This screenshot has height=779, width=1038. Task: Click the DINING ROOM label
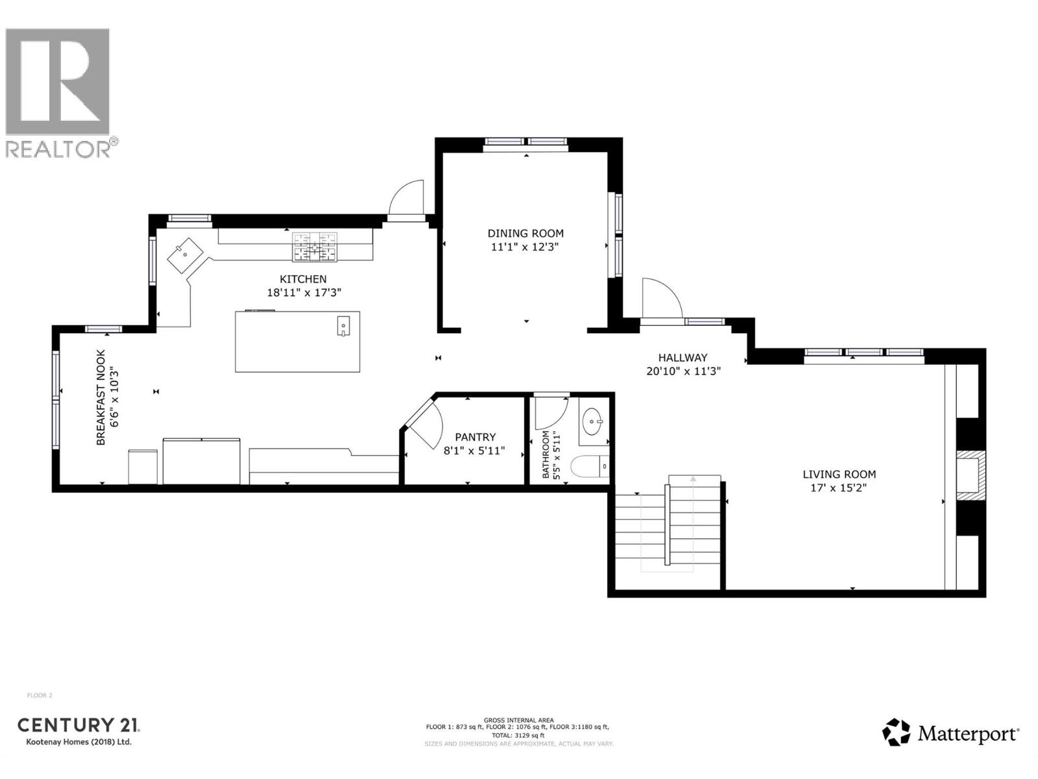coord(525,233)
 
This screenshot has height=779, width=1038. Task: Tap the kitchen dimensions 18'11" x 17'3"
coord(304,293)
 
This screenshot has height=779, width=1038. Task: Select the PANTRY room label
coord(475,437)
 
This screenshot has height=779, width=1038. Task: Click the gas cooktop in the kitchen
coord(315,247)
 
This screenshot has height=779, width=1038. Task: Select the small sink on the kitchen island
coord(343,325)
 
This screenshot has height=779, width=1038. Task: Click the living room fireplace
coord(971,476)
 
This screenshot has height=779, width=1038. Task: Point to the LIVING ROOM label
coord(839,475)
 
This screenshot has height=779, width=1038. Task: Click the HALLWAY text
coord(682,357)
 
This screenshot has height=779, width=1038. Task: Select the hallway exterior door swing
coord(660,299)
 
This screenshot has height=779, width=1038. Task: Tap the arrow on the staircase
coord(693,480)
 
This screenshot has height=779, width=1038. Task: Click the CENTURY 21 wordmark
coord(78,725)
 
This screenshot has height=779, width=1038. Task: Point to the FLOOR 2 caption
coord(40,695)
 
